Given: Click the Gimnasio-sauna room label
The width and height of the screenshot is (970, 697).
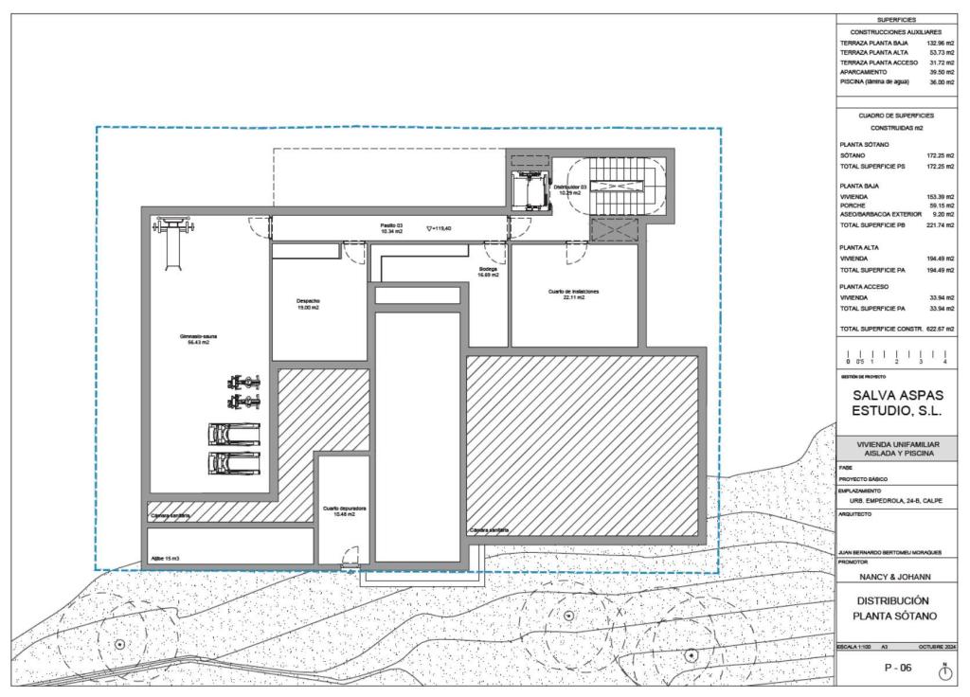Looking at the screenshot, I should (x=199, y=340).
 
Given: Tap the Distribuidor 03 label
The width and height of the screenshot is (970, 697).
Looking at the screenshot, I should (x=570, y=189).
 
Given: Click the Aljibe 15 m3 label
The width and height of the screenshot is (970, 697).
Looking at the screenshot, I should (x=165, y=559).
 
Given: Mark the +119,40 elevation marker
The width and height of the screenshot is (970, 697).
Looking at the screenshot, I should (x=440, y=228).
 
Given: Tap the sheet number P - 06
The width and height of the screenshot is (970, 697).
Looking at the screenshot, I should (x=896, y=669).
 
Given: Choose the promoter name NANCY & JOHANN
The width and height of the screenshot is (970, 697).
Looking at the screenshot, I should (x=896, y=576).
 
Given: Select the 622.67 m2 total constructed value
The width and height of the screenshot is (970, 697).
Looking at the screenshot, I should (x=938, y=329).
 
